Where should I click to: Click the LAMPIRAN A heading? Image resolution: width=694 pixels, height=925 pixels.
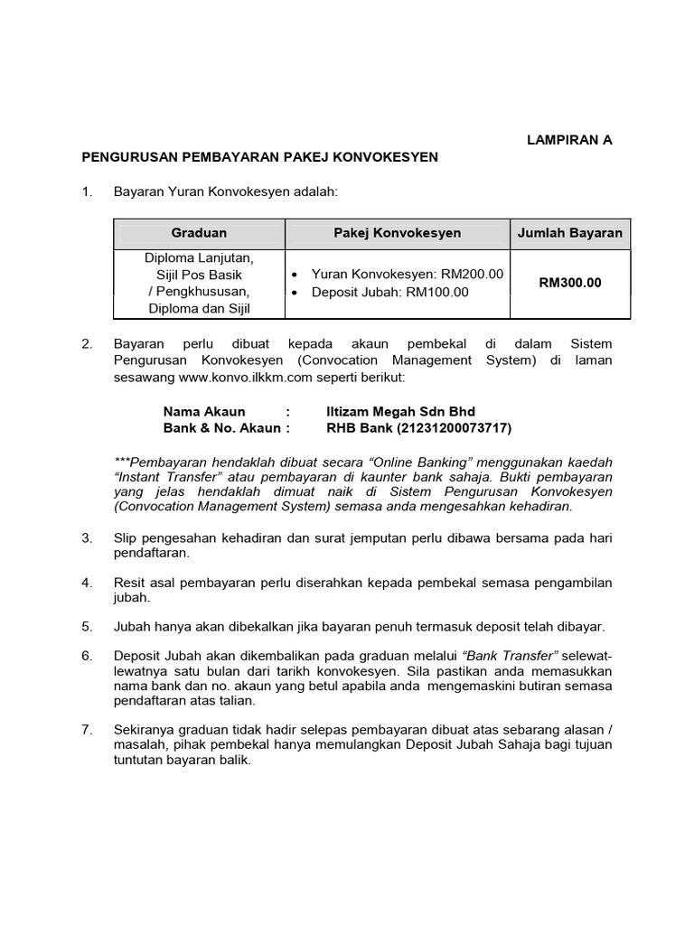pyautogui.click(x=569, y=140)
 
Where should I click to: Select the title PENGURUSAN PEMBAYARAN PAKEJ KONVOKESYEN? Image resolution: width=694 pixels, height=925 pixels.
pyautogui.click(x=259, y=157)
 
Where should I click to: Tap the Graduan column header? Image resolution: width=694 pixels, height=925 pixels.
pyautogui.click(x=199, y=233)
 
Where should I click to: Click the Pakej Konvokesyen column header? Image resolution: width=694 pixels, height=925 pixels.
pyautogui.click(x=398, y=233)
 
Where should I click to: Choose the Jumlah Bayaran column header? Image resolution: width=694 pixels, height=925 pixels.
pyautogui.click(x=569, y=233)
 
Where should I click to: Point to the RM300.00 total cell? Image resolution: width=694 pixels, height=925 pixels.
pyautogui.click(x=569, y=283)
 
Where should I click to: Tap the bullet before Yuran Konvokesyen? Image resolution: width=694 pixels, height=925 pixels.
pyautogui.click(x=296, y=274)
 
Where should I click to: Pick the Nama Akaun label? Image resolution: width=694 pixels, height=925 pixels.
pyautogui.click(x=204, y=412)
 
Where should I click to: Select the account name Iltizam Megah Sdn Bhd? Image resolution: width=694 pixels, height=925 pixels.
pyautogui.click(x=400, y=412)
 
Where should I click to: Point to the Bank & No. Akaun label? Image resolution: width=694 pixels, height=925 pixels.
pyautogui.click(x=226, y=428)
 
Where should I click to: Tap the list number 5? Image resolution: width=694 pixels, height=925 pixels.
pyautogui.click(x=87, y=626)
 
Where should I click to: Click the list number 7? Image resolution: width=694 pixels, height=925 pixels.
pyautogui.click(x=87, y=729)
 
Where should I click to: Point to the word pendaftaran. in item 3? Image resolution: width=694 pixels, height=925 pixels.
pyautogui.click(x=145, y=554)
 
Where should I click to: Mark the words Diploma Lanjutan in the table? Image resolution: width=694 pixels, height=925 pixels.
pyautogui.click(x=199, y=257)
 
